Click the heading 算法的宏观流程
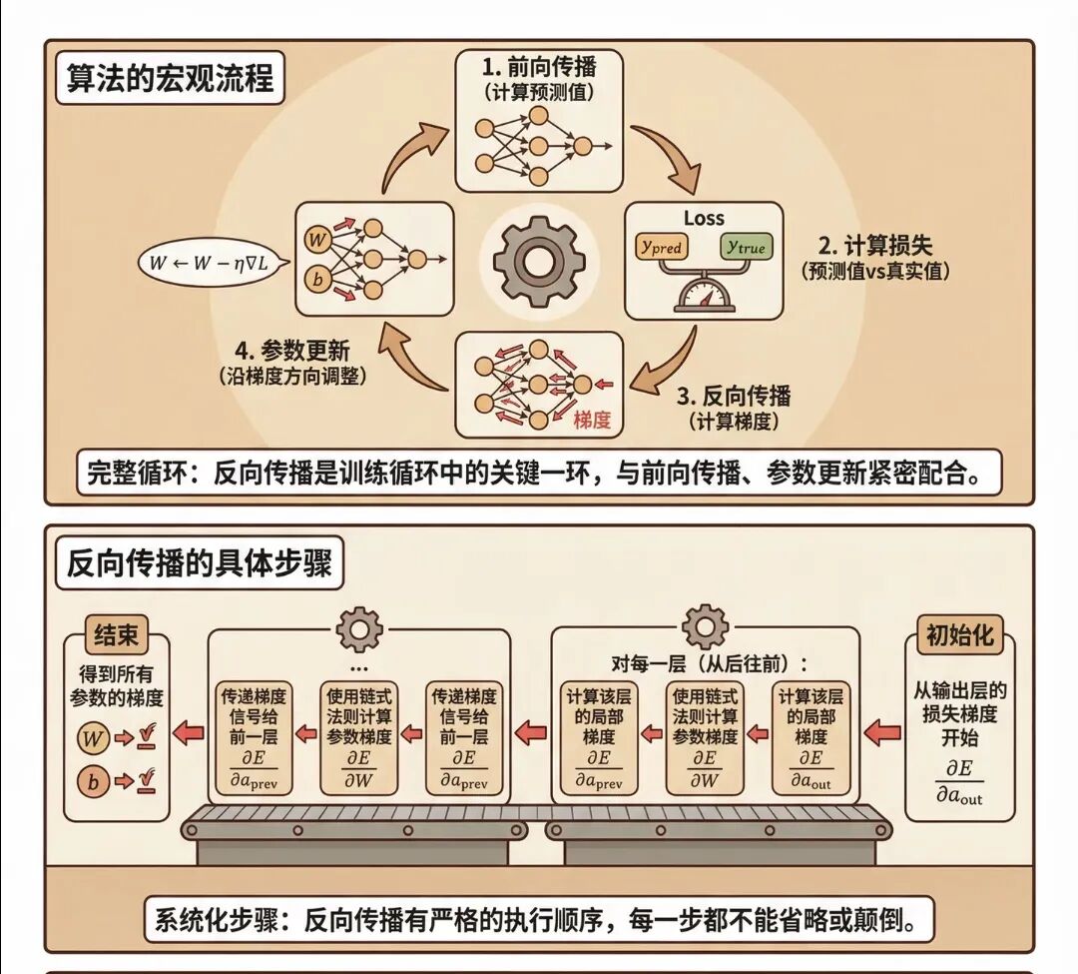[x=170, y=78]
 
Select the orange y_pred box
[x=661, y=247]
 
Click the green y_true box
[x=748, y=247]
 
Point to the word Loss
[x=704, y=218]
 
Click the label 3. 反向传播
[x=733, y=397]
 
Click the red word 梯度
[x=591, y=420]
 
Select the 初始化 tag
[x=959, y=635]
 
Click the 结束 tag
[x=116, y=636]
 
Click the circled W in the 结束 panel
[x=93, y=739]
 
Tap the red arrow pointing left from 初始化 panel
[x=881, y=734]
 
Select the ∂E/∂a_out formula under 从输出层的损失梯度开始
[x=959, y=780]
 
